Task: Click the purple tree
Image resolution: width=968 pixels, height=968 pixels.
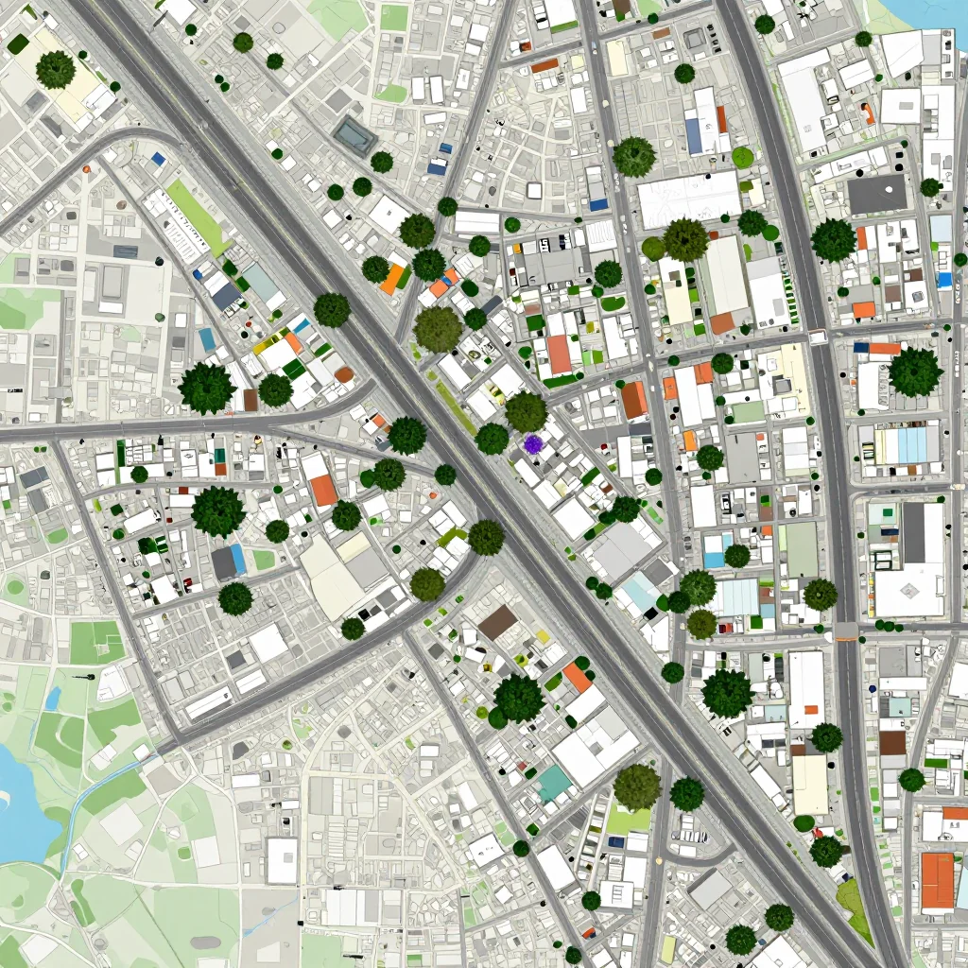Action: click(533, 443)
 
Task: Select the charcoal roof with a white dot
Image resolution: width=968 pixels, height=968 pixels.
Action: click(876, 193)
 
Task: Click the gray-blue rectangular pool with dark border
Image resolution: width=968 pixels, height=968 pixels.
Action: click(354, 136)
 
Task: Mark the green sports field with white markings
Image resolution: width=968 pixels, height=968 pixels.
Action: click(96, 643)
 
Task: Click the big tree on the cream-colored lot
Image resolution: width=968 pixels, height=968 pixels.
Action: click(56, 70)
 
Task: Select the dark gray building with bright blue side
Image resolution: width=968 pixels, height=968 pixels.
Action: click(229, 562)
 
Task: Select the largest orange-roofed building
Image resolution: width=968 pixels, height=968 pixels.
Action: click(937, 881)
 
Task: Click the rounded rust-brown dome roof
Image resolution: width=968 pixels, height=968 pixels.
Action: click(344, 374)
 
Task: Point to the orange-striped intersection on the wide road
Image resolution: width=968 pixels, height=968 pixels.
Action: click(846, 631)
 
